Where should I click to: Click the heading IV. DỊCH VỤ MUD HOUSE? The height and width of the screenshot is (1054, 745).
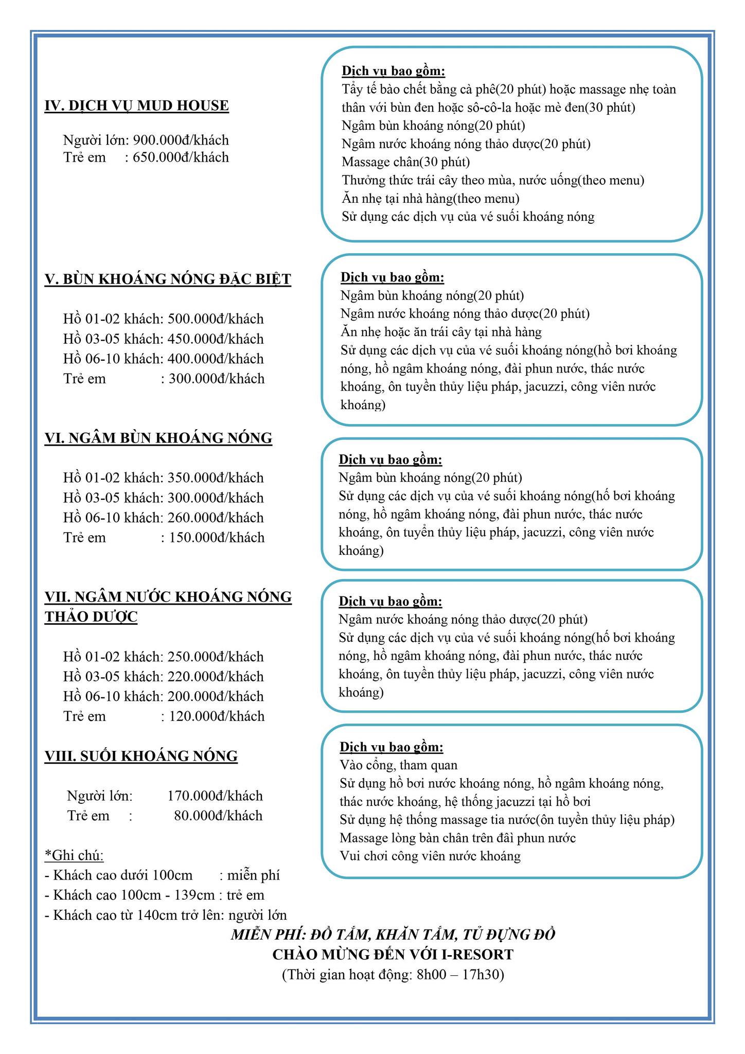pyautogui.click(x=137, y=106)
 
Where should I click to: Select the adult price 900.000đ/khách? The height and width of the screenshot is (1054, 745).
pyautogui.click(x=181, y=140)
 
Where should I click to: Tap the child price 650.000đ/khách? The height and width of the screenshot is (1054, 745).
pyautogui.click(x=181, y=157)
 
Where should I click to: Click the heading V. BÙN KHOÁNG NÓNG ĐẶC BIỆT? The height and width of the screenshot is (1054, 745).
pyautogui.click(x=168, y=279)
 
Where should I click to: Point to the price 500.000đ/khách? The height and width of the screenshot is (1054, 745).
pyautogui.click(x=216, y=319)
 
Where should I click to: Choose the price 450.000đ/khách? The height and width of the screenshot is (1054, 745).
pyautogui.click(x=216, y=339)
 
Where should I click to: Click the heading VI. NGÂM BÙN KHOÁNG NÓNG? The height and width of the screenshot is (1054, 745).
pyautogui.click(x=158, y=438)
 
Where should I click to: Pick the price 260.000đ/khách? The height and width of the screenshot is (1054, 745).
pyautogui.click(x=216, y=518)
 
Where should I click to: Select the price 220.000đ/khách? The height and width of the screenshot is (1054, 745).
pyautogui.click(x=216, y=677)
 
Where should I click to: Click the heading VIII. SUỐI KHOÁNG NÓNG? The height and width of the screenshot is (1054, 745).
pyautogui.click(x=141, y=756)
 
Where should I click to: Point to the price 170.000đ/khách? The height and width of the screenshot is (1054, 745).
pyautogui.click(x=215, y=796)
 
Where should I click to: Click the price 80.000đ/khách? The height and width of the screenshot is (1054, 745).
pyautogui.click(x=218, y=816)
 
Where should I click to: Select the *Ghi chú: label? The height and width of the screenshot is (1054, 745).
pyautogui.click(x=75, y=856)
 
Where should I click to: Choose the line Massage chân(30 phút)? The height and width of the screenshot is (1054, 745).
pyautogui.click(x=406, y=162)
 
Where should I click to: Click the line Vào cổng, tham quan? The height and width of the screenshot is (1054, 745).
pyautogui.click(x=398, y=765)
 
